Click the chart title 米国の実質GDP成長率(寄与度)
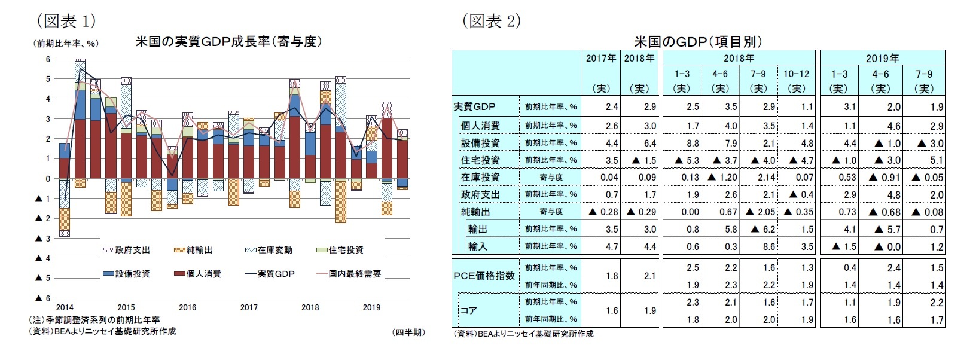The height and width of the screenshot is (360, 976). pyautogui.click(x=228, y=42)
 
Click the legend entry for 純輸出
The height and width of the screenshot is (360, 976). pyautogui.click(x=193, y=250)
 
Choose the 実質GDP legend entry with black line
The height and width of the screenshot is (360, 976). pyautogui.click(x=270, y=274)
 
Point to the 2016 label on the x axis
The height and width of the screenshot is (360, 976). pyautogui.click(x=187, y=307)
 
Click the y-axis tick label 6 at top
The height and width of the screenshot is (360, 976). pyautogui.click(x=48, y=59)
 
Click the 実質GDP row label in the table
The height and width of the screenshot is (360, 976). pyautogui.click(x=474, y=107)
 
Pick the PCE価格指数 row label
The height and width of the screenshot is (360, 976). pyautogui.click(x=484, y=276)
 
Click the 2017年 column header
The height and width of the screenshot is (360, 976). pyautogui.click(x=601, y=59)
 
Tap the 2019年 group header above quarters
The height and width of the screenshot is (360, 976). pyautogui.click(x=882, y=59)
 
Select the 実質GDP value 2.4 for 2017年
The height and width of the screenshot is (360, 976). pyautogui.click(x=611, y=107)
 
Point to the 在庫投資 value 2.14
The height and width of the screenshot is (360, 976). pyautogui.click(x=766, y=178)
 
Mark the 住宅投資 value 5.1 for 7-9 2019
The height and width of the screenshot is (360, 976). pyautogui.click(x=937, y=160)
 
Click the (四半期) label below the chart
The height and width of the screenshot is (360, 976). pyautogui.click(x=408, y=332)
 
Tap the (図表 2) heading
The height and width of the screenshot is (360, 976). pyautogui.click(x=491, y=22)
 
